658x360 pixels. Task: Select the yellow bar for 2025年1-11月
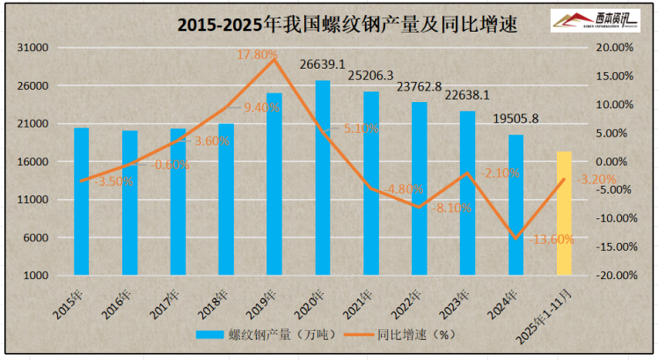(x=564, y=213)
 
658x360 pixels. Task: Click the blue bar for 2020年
(x=323, y=176)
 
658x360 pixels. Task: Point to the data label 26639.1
(x=322, y=64)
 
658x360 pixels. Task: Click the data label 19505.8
(x=515, y=119)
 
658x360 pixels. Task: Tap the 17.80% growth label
(x=258, y=55)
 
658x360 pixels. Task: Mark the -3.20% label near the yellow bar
(x=596, y=180)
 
